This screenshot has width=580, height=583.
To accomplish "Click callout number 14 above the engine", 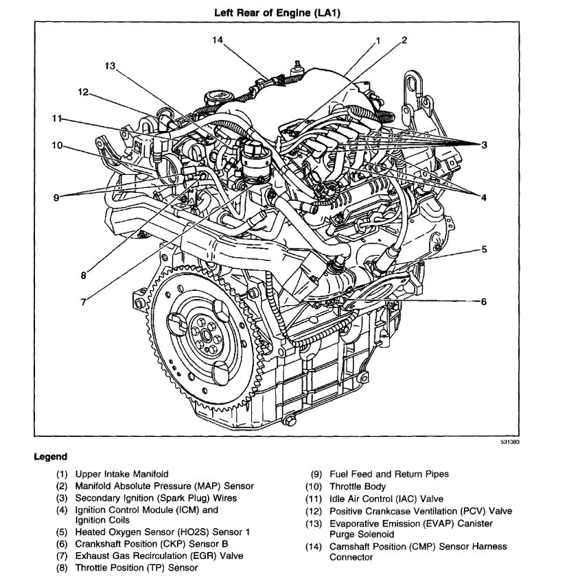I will pos(218,40).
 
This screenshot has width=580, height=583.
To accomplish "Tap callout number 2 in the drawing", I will pos(404,39).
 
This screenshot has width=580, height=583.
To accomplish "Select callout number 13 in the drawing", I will pos(111,66).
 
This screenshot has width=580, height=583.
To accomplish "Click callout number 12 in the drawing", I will pos(83,92).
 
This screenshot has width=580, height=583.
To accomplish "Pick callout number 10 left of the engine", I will pos(56,145).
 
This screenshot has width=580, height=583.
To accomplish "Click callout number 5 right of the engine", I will pos(484,250).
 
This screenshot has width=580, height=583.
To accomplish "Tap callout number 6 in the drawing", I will pos(483,301).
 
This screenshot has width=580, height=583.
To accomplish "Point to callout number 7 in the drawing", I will pos(84,302).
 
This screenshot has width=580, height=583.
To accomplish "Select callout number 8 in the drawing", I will pos(83,276).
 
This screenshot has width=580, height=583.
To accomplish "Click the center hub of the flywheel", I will pos(205,333).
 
